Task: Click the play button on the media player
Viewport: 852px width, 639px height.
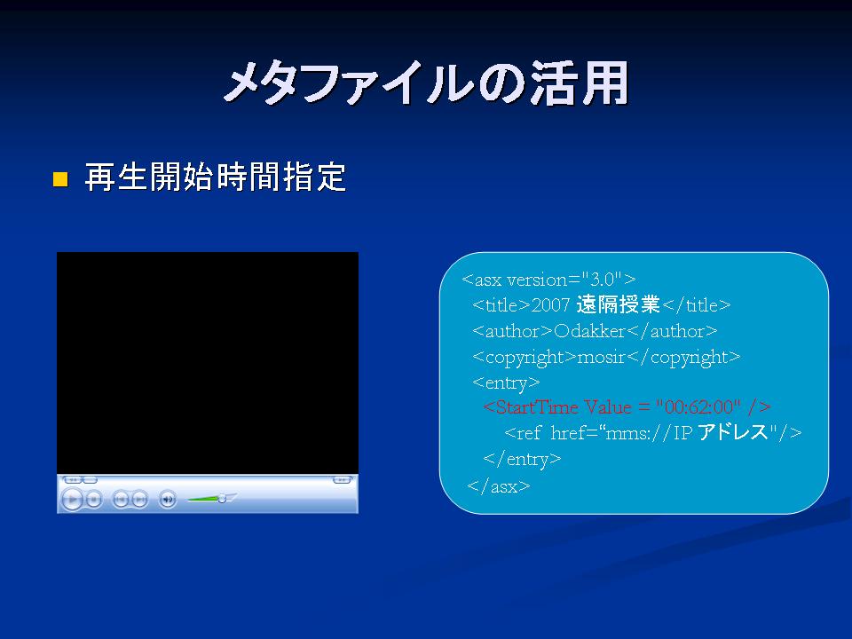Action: (x=72, y=499)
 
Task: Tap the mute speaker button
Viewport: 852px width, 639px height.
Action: (x=168, y=499)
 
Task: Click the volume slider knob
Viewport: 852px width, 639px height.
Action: (x=222, y=498)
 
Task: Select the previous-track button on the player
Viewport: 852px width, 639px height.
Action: (x=120, y=499)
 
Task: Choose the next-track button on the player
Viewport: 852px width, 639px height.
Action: (x=139, y=499)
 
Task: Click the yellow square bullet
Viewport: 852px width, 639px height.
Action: (x=60, y=179)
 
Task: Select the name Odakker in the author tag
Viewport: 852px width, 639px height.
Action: (x=589, y=331)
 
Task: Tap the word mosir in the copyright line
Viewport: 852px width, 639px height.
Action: (x=602, y=357)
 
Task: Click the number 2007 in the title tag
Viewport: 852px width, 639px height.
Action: (x=550, y=304)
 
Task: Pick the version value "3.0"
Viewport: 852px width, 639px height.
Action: (x=602, y=280)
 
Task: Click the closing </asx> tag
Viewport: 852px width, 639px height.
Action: (x=499, y=485)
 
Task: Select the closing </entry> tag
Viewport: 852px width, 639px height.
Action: (x=522, y=459)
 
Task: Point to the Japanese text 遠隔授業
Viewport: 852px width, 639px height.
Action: (x=618, y=304)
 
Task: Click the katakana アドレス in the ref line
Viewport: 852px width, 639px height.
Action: (x=732, y=432)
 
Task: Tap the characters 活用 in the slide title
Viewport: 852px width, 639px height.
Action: (x=580, y=83)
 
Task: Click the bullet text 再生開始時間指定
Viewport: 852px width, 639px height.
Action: (x=215, y=177)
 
